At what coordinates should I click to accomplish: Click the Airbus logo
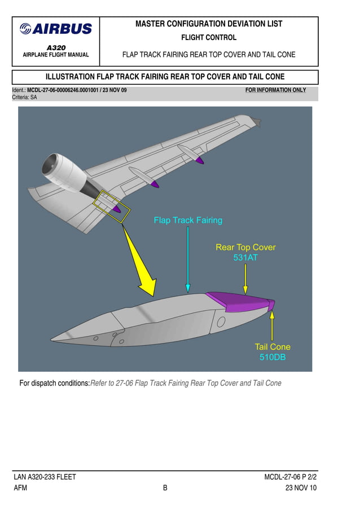point(55,29)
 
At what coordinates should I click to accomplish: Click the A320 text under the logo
point(55,48)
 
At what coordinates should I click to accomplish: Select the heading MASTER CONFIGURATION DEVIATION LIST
point(209,24)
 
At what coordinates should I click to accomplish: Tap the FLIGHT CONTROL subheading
point(209,38)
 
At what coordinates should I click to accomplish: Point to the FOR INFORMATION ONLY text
point(275,90)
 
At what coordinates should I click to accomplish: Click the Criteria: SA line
point(25,98)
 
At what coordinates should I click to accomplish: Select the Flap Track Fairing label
point(188,220)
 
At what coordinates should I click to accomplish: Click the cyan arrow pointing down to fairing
point(188,260)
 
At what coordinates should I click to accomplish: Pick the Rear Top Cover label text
point(245,247)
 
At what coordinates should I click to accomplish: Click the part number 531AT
point(245,258)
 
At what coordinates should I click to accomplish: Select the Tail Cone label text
point(273,346)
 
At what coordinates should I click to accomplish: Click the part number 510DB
point(273,357)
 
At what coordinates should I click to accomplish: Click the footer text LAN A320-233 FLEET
point(45,477)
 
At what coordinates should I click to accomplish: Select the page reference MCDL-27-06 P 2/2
point(290,477)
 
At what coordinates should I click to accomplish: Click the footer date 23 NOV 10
point(301,488)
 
